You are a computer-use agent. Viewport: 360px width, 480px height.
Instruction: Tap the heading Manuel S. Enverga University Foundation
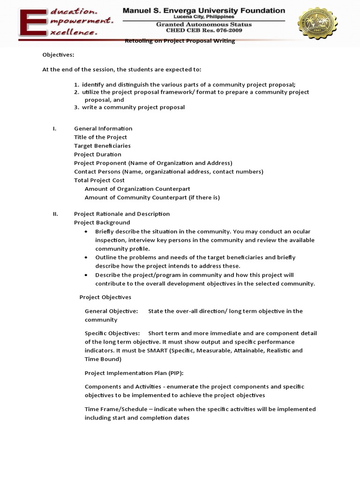204,10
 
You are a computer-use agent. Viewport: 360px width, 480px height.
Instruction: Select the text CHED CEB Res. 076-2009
204,31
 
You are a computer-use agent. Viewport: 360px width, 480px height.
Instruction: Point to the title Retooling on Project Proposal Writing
180,41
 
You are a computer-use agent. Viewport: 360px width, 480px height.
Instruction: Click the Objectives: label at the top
58,54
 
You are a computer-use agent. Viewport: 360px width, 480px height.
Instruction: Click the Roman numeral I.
54,128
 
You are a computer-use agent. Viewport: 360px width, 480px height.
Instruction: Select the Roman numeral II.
55,214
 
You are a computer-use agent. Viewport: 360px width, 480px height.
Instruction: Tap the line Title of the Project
100,137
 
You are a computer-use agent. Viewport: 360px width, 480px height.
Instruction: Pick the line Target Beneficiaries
102,146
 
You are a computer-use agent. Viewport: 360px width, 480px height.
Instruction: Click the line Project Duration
97,154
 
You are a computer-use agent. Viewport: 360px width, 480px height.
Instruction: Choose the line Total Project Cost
99,180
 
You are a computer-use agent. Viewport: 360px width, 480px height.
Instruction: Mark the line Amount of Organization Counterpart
137,188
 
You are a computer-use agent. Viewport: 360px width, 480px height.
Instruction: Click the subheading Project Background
102,222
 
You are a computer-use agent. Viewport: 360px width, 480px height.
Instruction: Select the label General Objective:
111,311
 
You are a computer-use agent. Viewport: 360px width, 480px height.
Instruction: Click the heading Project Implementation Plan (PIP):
134,373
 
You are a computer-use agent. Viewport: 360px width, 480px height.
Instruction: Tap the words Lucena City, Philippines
204,16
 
